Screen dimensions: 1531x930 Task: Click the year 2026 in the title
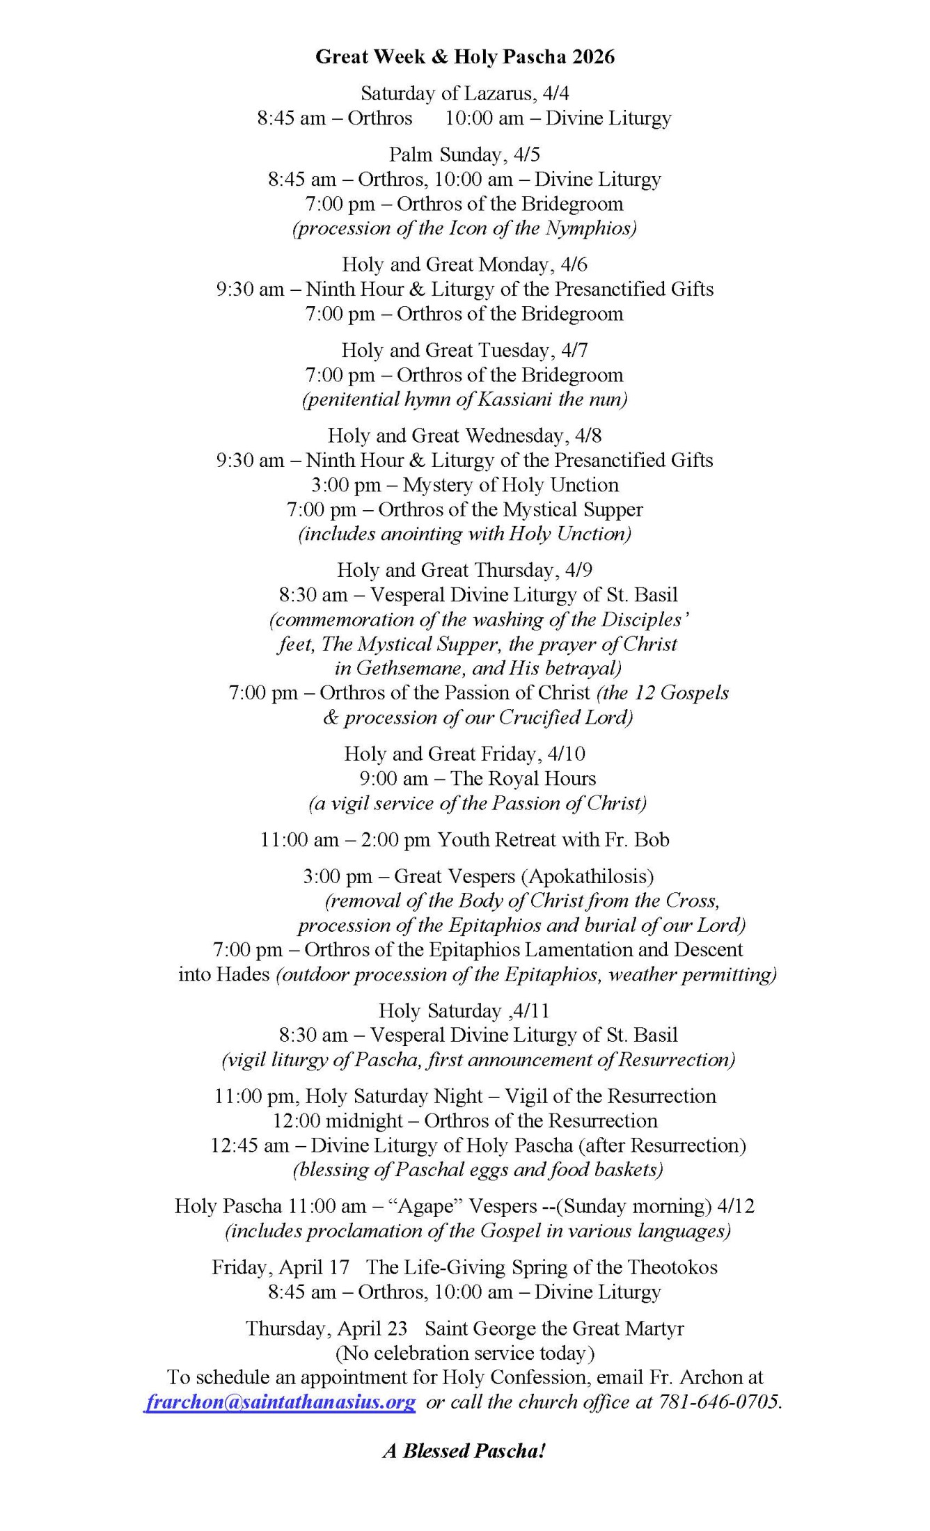coord(594,56)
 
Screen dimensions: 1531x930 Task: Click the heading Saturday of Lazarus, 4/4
coord(464,93)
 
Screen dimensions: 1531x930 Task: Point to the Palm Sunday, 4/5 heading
coord(464,154)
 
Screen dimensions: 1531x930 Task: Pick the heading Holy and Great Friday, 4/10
coord(464,754)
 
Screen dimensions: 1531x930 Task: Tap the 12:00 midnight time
coord(338,1121)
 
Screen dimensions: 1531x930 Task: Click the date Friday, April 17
coord(281,1267)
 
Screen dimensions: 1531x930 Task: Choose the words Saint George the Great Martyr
coord(554,1328)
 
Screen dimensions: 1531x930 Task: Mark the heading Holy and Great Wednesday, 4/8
coord(464,436)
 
